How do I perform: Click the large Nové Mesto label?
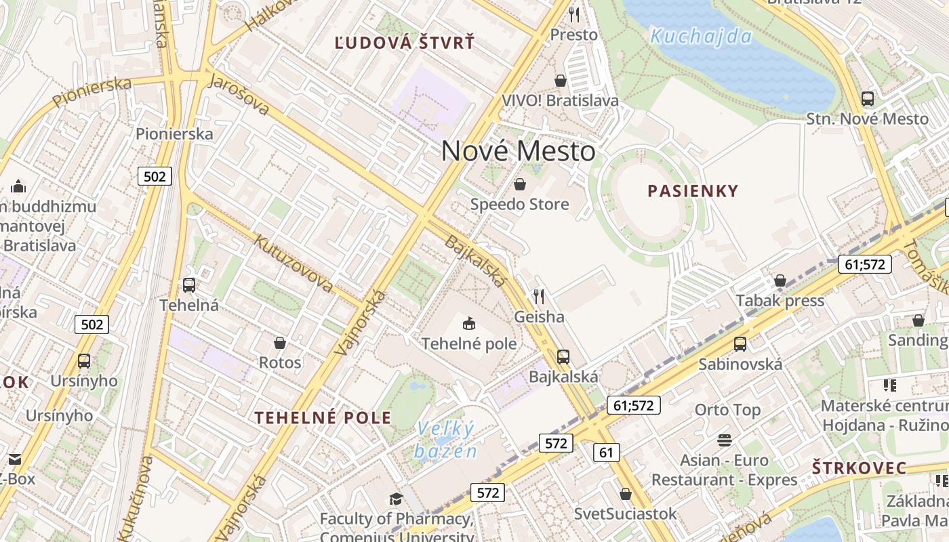518,151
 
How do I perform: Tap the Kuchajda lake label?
701,36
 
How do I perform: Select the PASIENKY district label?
693,191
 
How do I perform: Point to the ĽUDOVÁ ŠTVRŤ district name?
405,43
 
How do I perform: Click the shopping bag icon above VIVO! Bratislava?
561,81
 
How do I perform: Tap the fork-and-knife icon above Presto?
574,14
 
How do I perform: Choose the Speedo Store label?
520,204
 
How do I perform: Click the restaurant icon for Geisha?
539,297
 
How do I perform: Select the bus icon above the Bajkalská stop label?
563,356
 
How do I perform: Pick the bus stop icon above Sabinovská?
740,343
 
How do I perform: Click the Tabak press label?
780,300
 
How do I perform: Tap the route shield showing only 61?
606,452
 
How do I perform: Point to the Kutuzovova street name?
294,264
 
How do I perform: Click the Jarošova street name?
239,95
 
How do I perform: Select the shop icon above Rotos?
279,343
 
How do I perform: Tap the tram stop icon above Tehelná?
189,285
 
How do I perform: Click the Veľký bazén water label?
446,440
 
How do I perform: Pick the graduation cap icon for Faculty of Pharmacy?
396,499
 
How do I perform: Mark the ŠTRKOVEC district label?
859,467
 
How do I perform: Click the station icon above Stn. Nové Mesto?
868,99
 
